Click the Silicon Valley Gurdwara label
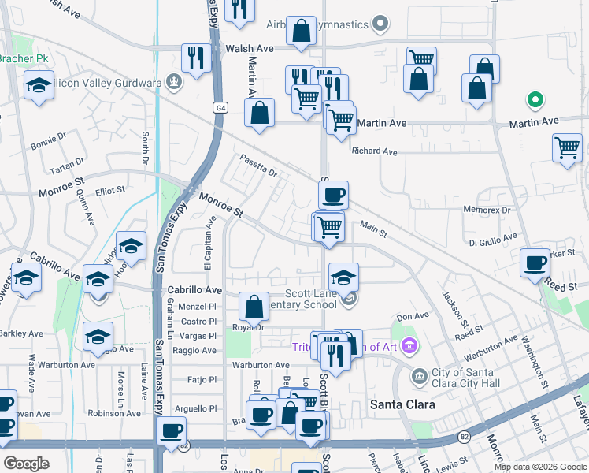pyautogui.click(x=110, y=82)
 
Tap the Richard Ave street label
pyautogui.click(x=375, y=151)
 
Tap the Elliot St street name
pyautogui.click(x=109, y=190)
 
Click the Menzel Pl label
pyautogui.click(x=198, y=307)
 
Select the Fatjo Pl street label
pyautogui.click(x=202, y=379)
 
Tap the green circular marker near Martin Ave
pyautogui.click(x=535, y=100)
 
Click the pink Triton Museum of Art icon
pyautogui.click(x=408, y=345)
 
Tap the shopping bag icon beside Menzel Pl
pyautogui.click(x=254, y=305)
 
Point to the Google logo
pyautogui.click(x=27, y=463)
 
